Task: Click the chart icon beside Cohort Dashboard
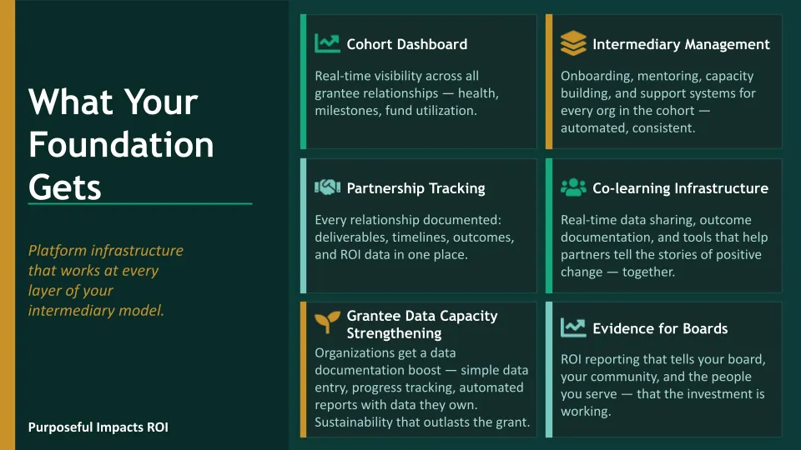[x=327, y=43]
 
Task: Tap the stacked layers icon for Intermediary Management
[x=573, y=42]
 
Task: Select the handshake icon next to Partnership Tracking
[x=327, y=187]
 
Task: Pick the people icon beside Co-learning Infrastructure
[x=573, y=187]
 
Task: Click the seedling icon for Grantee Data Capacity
[x=327, y=322]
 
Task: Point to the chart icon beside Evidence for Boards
[x=573, y=327]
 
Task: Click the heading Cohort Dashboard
[x=406, y=44]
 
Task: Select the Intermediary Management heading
[x=681, y=44]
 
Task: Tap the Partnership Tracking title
[x=416, y=188]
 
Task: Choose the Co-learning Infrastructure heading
[x=681, y=188]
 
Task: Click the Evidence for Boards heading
[x=660, y=328]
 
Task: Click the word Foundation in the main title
[x=121, y=144]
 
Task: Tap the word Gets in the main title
[x=65, y=187]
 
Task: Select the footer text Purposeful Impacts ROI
[x=98, y=427]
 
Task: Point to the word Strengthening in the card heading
[x=394, y=333]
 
